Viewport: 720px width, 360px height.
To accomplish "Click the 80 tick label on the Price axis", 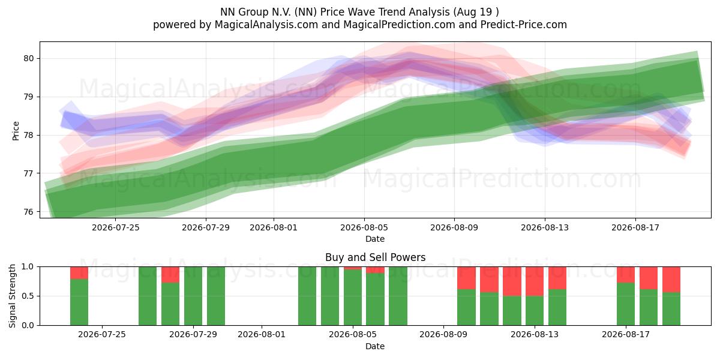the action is pos(29,59).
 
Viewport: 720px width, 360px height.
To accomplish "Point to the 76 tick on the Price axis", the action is pos(29,212).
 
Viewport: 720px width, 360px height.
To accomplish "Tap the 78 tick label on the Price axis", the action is pos(29,136).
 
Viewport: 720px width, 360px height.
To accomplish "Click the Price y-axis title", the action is pos(16,131).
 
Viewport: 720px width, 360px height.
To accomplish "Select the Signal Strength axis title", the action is pos(12,296).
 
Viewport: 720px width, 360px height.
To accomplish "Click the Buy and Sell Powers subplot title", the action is pos(375,257).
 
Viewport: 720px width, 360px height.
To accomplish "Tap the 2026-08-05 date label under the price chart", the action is pos(364,227).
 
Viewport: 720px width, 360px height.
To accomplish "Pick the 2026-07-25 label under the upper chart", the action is pos(116,227).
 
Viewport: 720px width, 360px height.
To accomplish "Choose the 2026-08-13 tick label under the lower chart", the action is pos(535,335).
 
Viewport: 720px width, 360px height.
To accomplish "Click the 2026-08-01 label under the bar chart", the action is pos(262,335).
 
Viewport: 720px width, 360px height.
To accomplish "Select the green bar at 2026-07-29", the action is pos(193,296).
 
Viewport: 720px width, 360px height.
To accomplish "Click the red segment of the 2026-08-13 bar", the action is pos(535,281).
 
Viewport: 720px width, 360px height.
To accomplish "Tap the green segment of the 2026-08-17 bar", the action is pos(625,304).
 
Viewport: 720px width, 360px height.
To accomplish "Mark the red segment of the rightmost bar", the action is pos(671,280).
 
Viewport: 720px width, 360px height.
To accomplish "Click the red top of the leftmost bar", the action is pos(79,273).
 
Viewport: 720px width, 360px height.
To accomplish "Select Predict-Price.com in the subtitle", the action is pos(524,25).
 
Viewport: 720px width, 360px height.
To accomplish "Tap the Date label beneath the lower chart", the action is pos(375,346).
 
